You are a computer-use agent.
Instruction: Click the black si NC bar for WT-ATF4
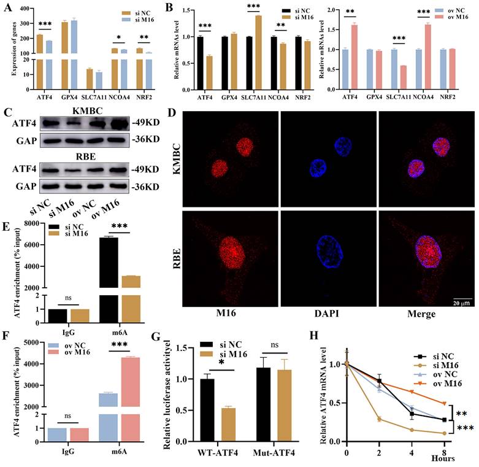(x=190, y=409)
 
